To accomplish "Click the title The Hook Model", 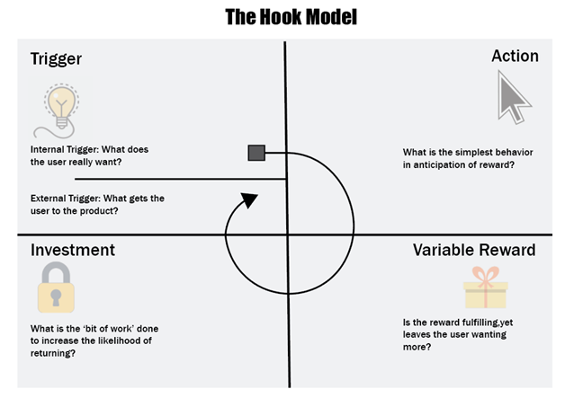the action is [x=291, y=17].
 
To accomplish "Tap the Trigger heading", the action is [x=56, y=59].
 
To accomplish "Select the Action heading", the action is [x=515, y=56].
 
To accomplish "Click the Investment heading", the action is [x=73, y=250].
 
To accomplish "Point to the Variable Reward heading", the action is [x=474, y=250].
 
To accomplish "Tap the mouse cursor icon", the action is [x=514, y=97].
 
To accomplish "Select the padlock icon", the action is [x=56, y=287].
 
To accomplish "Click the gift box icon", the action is [x=485, y=287].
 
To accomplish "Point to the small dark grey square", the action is [x=256, y=153].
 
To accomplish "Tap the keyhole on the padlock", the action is [x=56, y=297].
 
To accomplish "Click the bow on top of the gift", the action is [x=485, y=275].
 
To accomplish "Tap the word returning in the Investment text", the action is [x=53, y=353].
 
